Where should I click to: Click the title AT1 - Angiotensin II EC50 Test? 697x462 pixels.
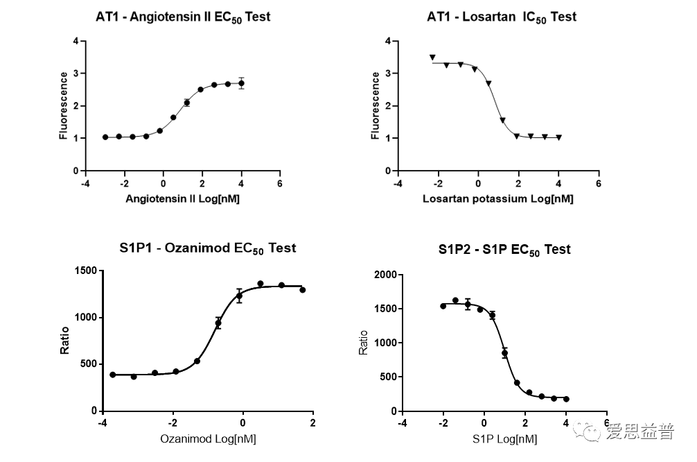point(183,17)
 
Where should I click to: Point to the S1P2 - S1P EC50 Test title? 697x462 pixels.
point(504,249)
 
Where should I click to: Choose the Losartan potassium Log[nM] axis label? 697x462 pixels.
point(497,199)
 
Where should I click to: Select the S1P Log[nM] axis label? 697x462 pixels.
point(504,439)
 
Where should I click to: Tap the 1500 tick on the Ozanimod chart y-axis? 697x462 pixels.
point(85,271)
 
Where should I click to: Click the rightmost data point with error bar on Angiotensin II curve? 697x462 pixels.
point(241,83)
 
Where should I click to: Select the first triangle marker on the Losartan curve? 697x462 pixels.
point(432,58)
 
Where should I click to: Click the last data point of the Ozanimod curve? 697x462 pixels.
point(303,290)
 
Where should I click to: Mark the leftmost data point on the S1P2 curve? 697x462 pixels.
point(443,306)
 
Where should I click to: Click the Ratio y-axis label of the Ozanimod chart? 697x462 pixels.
point(64,341)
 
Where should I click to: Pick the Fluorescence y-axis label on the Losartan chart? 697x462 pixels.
point(376,105)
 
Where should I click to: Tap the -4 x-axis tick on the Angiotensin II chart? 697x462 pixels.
point(85,184)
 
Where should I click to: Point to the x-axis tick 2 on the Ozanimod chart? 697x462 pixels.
point(312,423)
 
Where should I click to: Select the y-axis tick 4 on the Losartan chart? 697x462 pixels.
point(387,41)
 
